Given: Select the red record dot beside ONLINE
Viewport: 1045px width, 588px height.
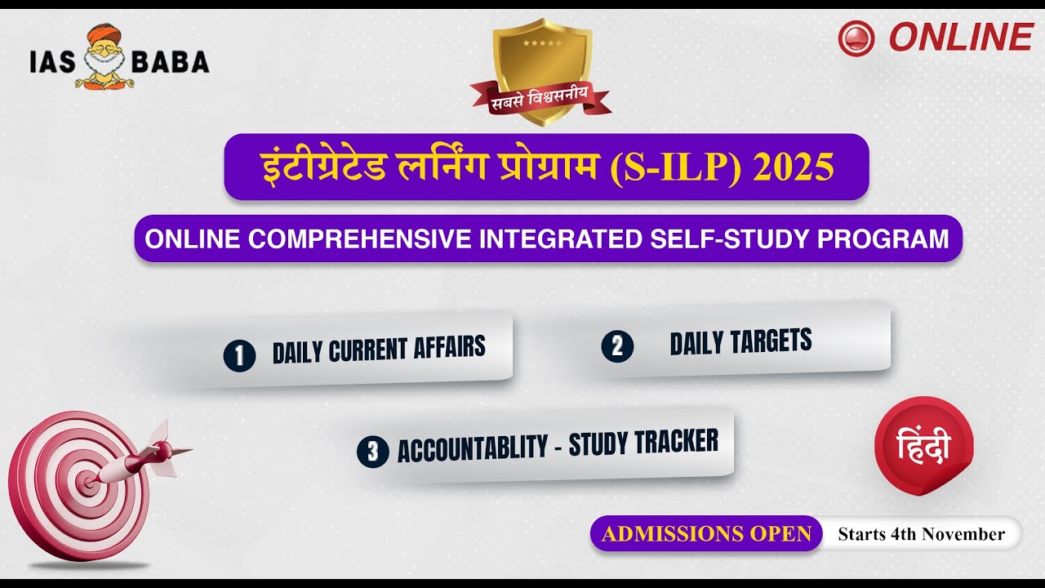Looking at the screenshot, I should pyautogui.click(x=856, y=38).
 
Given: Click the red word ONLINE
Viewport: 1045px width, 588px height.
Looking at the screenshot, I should pyautogui.click(x=961, y=38).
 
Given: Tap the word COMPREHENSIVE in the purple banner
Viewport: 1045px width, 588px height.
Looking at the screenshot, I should pyautogui.click(x=359, y=238).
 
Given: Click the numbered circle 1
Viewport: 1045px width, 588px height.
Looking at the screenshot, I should pyautogui.click(x=239, y=355).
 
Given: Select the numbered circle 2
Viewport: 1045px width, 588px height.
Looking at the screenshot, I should pyautogui.click(x=617, y=346).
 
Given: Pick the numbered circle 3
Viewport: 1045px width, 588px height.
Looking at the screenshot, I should pyautogui.click(x=372, y=452).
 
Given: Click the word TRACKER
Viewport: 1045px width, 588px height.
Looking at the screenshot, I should pyautogui.click(x=677, y=442).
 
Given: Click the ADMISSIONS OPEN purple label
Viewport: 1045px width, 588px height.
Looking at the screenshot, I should pyautogui.click(x=706, y=534).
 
